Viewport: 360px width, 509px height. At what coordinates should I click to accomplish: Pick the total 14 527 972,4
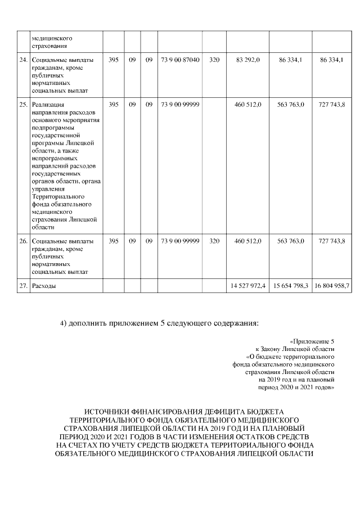[x=248, y=286]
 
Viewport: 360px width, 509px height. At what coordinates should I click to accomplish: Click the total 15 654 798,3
[x=291, y=286]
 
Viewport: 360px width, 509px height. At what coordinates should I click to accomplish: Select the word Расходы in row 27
[x=44, y=286]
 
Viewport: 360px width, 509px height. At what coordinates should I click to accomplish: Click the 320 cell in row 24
[x=214, y=60]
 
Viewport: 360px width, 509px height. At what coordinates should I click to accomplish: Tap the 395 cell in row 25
[x=113, y=105]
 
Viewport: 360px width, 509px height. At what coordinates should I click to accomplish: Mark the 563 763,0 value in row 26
[x=291, y=241]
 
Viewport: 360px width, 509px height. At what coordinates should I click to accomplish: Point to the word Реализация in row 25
[x=48, y=105]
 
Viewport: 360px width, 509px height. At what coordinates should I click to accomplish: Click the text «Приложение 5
[x=312, y=341]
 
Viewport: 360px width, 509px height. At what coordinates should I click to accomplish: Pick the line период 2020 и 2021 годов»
[x=296, y=388]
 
